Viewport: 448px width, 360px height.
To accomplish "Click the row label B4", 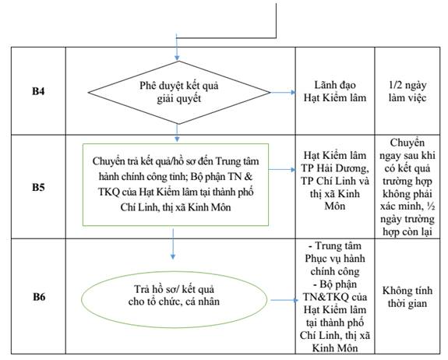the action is (x=38, y=91).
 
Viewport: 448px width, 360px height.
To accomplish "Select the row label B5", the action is (x=38, y=188).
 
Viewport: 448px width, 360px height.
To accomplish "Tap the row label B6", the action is (x=39, y=297).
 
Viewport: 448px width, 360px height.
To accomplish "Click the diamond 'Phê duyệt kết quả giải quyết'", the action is (x=179, y=92).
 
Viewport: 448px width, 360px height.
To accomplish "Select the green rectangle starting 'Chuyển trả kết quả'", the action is (x=175, y=185).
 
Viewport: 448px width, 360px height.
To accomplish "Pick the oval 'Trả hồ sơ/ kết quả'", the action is (x=174, y=299).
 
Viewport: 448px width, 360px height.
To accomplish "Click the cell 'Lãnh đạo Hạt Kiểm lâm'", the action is (x=335, y=91).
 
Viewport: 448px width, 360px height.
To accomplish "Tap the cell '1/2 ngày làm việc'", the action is (x=407, y=91).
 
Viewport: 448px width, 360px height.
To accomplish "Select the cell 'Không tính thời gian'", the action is (x=407, y=297).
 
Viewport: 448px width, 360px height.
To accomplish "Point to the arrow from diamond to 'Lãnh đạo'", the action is (x=283, y=92).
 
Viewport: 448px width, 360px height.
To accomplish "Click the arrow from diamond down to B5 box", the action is (x=177, y=132).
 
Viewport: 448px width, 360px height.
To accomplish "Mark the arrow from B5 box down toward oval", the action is (x=173, y=244).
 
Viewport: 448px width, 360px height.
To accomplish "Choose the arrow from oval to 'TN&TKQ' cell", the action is (x=284, y=300).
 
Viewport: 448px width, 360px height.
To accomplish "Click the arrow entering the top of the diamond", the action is (x=177, y=48).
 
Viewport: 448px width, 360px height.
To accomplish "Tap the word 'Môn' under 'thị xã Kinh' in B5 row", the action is (x=335, y=206).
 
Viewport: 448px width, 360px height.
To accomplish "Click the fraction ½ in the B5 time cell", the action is (x=431, y=206).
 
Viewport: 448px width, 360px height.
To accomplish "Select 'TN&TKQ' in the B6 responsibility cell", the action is (x=326, y=297).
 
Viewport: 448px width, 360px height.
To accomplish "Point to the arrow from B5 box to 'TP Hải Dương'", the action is (x=282, y=169).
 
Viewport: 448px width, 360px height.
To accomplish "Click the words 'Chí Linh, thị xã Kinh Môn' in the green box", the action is (x=175, y=207).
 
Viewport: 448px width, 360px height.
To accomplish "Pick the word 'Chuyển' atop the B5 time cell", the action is (x=407, y=143).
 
